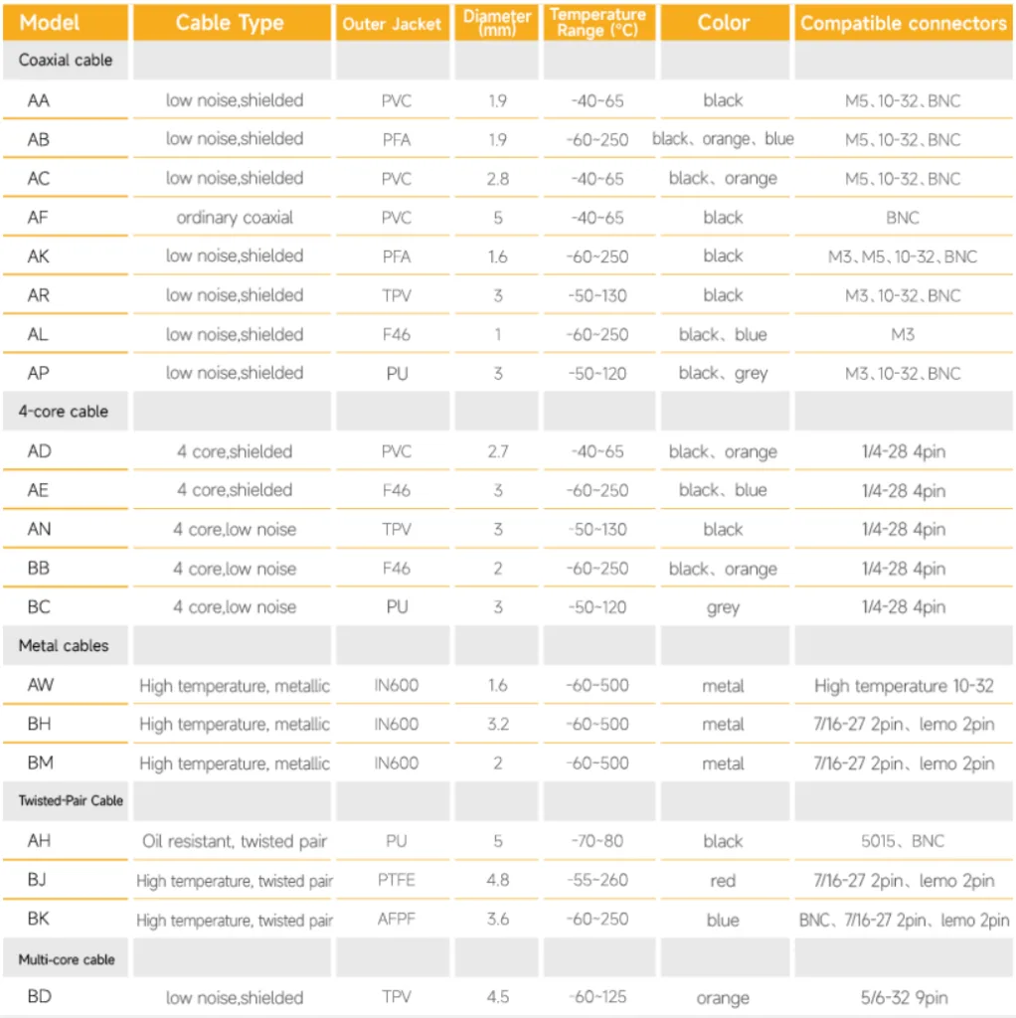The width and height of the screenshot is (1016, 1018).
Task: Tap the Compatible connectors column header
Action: pyautogui.click(x=903, y=23)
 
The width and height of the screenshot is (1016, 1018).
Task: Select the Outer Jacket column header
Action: pyautogui.click(x=392, y=24)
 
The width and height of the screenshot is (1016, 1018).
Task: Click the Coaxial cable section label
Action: pyautogui.click(x=66, y=60)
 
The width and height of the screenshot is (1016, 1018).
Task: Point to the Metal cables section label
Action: pyautogui.click(x=64, y=645)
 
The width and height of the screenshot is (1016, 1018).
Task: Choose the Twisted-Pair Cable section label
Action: pyautogui.click(x=71, y=800)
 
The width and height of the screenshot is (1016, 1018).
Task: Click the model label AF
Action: pyautogui.click(x=38, y=217)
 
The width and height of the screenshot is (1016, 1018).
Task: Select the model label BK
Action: pyautogui.click(x=39, y=920)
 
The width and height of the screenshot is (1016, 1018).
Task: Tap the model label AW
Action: pyautogui.click(x=41, y=685)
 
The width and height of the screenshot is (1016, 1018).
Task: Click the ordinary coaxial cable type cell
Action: pyautogui.click(x=235, y=217)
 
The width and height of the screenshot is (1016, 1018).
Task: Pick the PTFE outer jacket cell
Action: pyautogui.click(x=396, y=880)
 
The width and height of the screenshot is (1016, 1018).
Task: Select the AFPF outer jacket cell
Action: pyautogui.click(x=396, y=920)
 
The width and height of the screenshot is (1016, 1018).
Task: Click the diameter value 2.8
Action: pyautogui.click(x=498, y=178)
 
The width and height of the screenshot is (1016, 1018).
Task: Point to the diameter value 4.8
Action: pyautogui.click(x=498, y=880)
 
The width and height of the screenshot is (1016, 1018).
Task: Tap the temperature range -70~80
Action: pyautogui.click(x=597, y=841)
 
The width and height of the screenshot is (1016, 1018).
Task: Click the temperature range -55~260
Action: pyautogui.click(x=597, y=880)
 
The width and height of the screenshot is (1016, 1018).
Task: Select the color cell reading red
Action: pyautogui.click(x=723, y=880)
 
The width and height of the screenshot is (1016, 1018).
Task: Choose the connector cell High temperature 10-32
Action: pyautogui.click(x=903, y=685)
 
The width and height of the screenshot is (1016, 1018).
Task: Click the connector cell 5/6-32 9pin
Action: pyautogui.click(x=903, y=997)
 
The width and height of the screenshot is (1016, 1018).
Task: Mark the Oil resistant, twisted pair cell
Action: pyautogui.click(x=235, y=841)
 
